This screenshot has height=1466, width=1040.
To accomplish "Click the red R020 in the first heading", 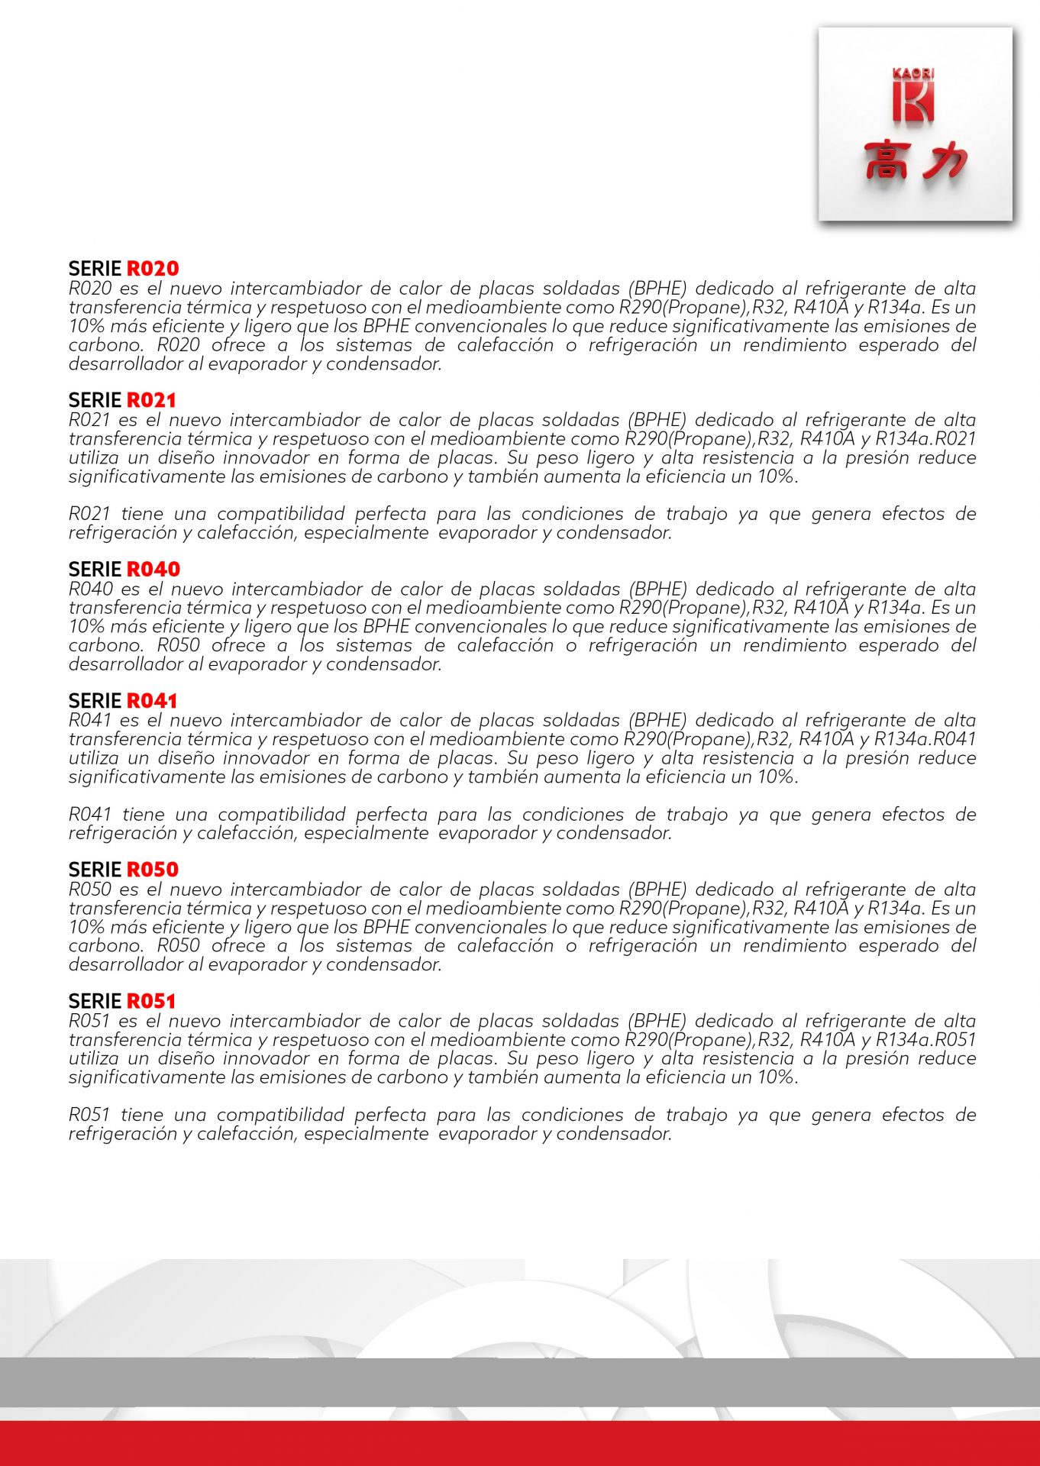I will pos(153,269).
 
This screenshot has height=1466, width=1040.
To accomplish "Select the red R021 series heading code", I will pos(151,400).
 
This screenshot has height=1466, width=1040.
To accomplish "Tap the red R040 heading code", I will pos(153,570).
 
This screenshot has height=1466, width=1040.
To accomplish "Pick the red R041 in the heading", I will pos(152,701).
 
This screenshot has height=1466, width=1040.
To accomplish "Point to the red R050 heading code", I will pos(153,870).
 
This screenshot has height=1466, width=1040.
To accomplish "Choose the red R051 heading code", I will pos(151,1001).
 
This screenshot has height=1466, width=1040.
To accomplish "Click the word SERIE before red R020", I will pos(95,269).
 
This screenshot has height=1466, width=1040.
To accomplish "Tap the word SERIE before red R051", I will pos(95,1001).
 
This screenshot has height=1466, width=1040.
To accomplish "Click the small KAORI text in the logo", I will pos(913,73).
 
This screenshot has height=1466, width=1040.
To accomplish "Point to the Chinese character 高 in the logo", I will pos(887,160).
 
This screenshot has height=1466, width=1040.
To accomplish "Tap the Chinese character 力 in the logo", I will pos(944,160).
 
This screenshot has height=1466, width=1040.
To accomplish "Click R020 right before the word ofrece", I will pos(179,345).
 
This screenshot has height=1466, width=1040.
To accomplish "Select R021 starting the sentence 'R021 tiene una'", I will pos(89,514).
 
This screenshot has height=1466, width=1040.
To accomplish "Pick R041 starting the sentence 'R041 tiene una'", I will pos(90,815).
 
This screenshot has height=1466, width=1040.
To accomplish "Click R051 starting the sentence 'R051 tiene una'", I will pos(89,1115).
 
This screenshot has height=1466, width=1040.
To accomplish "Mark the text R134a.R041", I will pos(925,739).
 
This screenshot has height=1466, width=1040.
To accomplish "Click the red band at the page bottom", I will pos(520,1443).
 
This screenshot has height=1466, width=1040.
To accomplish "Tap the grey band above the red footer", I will pos(520,1382).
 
